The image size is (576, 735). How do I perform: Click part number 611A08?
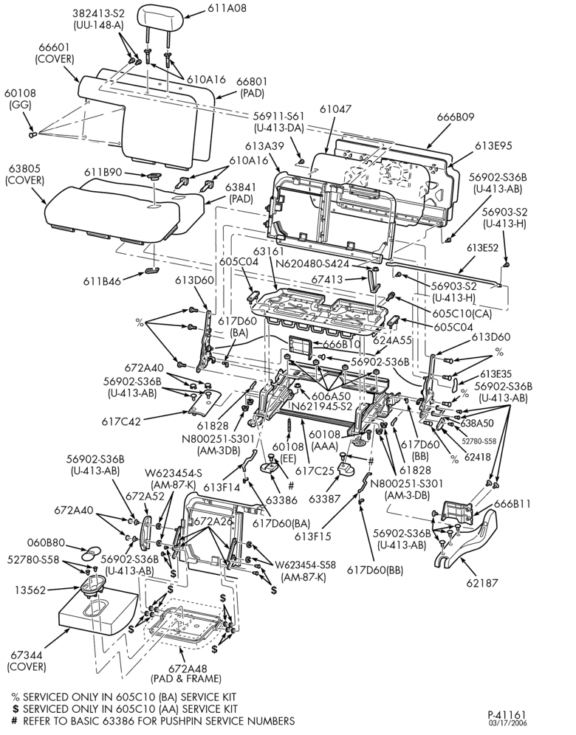pos(219,8)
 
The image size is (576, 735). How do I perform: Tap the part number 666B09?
pos(456,117)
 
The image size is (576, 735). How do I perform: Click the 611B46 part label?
pos(102,281)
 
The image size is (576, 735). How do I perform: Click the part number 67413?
pos(327,280)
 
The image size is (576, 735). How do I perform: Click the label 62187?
pos(481,583)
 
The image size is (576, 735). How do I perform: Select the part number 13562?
pos(30,590)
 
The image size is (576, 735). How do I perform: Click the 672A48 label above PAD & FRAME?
pos(186,668)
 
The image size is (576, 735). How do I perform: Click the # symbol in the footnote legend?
pos(15,720)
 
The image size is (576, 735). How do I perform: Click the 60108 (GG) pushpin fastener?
pos(32,136)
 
